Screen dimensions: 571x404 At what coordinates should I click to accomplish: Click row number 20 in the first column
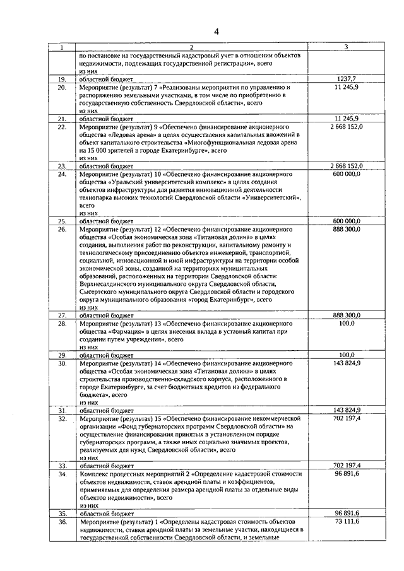pyautogui.click(x=62, y=87)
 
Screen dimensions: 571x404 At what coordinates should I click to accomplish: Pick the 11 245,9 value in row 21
pyautogui.click(x=347, y=118)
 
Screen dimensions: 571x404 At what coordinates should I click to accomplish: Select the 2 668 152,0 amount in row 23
pyautogui.click(x=346, y=165)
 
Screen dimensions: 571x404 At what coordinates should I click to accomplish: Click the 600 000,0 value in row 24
pyautogui.click(x=346, y=174)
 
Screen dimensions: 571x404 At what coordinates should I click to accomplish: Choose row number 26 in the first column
pyautogui.click(x=62, y=229)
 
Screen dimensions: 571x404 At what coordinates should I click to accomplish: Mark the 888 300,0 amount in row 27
pyautogui.click(x=347, y=315)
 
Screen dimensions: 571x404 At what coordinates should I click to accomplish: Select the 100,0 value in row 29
pyautogui.click(x=347, y=355)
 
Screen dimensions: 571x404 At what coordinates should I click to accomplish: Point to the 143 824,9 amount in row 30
pyautogui.click(x=347, y=363)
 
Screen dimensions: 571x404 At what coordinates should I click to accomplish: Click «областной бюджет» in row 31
pyautogui.click(x=106, y=410)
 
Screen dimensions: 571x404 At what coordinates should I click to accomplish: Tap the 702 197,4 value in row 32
pyautogui.click(x=347, y=418)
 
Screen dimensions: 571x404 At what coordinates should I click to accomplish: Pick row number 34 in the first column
pyautogui.click(x=62, y=473)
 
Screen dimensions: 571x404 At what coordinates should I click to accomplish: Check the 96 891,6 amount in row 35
pyautogui.click(x=347, y=514)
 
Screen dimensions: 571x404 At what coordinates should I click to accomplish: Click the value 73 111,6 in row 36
pyautogui.click(x=347, y=522)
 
